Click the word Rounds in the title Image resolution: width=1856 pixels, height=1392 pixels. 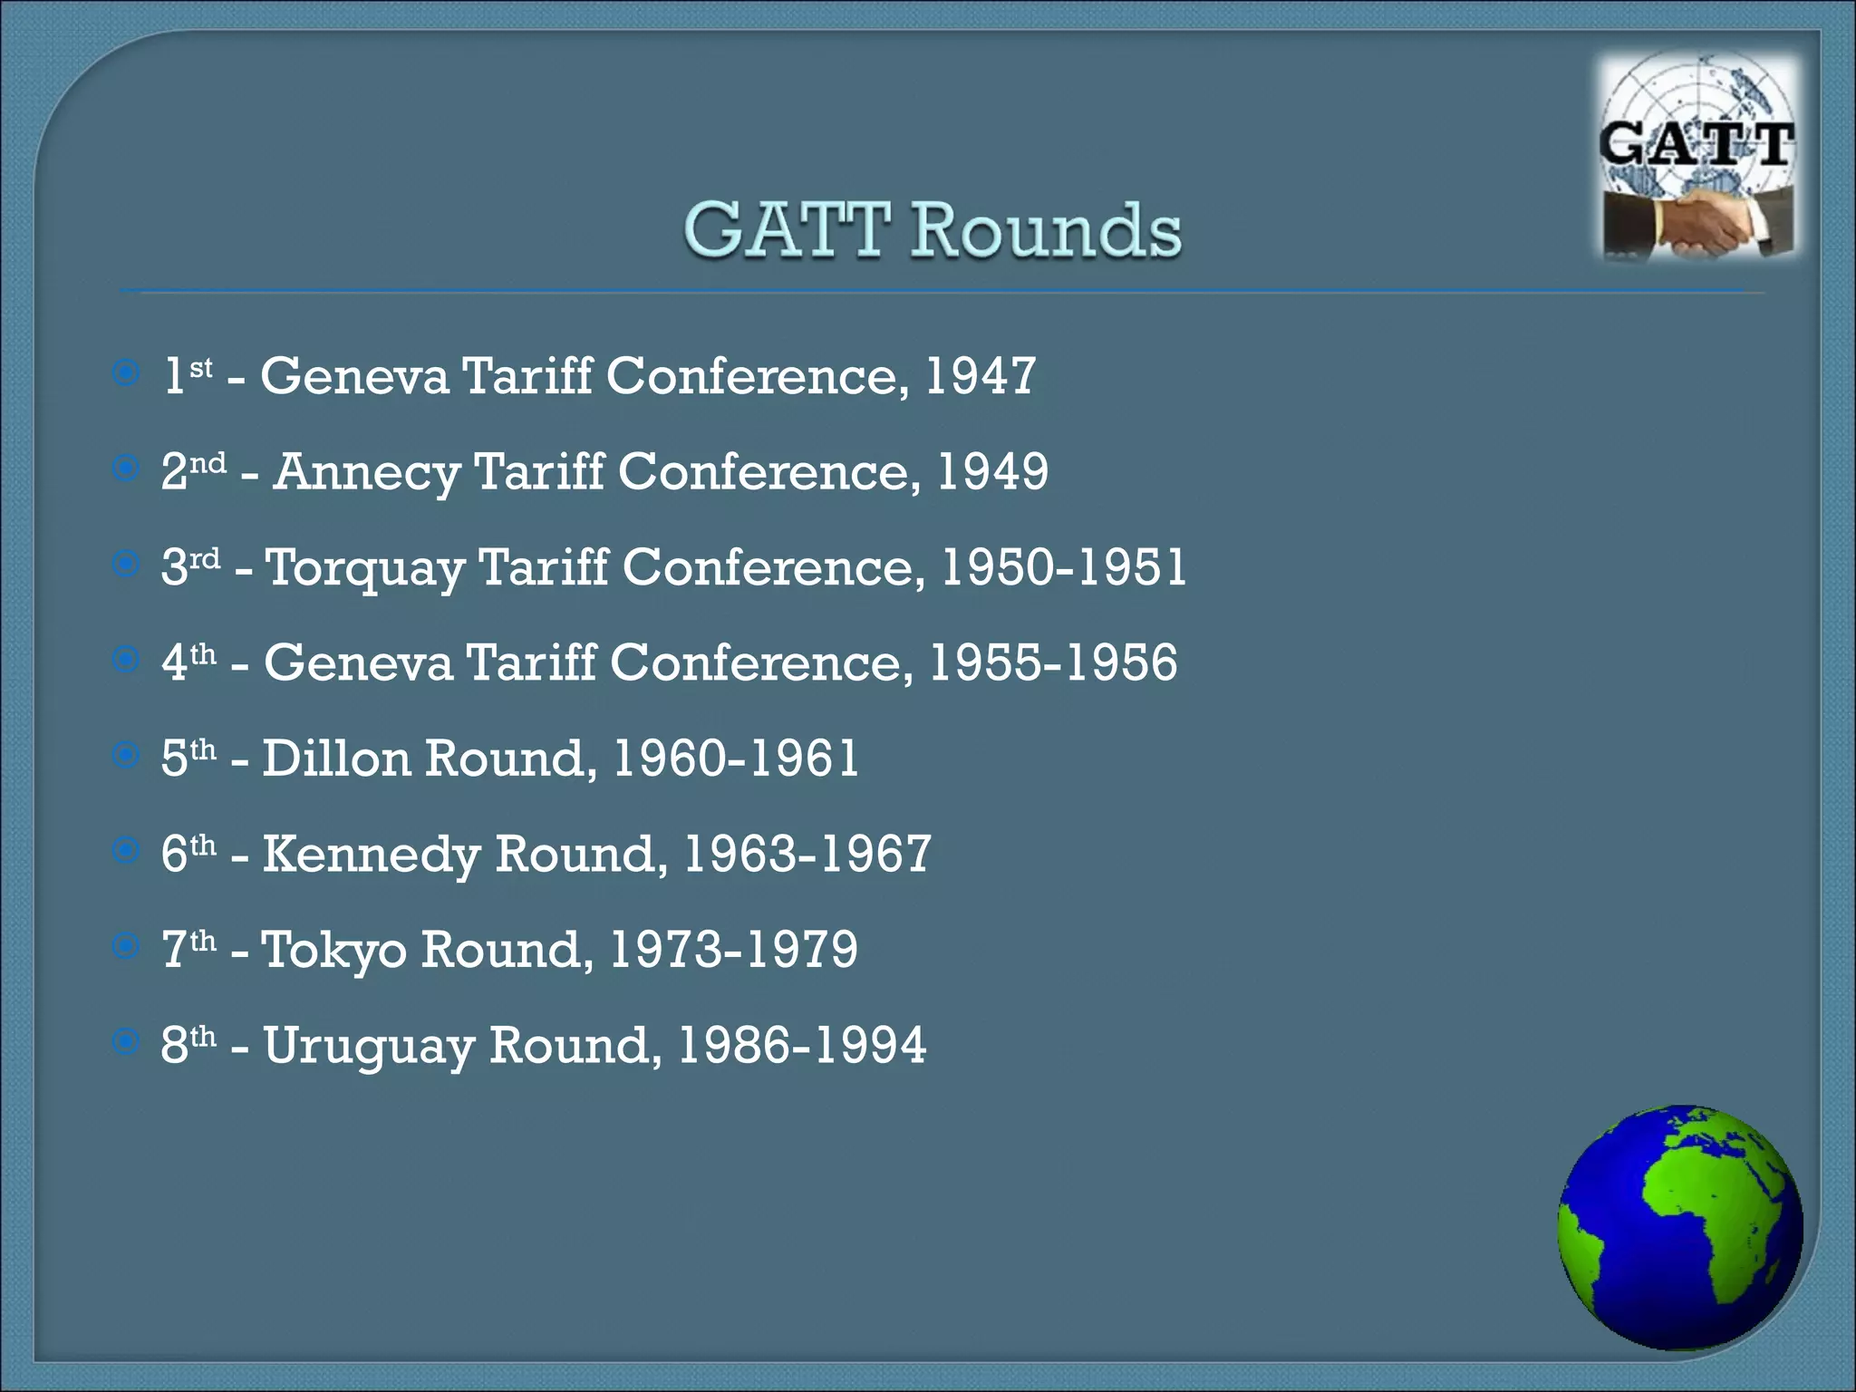coord(1046,230)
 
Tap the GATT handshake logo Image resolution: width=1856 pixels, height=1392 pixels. coord(1698,159)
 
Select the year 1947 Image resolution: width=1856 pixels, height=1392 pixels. coord(980,375)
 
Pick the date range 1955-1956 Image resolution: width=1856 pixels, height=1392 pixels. coord(1053,662)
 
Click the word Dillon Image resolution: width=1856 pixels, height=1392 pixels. coord(336,759)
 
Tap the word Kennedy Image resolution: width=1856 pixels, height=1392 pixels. coord(371,855)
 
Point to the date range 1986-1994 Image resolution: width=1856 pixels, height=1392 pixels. coord(802,1046)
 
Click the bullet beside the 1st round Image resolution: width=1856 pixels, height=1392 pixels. coord(126,372)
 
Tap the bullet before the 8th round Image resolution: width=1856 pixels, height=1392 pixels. coord(126,1041)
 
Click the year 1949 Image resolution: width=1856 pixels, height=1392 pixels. coord(992,471)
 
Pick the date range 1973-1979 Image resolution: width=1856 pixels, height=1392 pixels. coord(733,950)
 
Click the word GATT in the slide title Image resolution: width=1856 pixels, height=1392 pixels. coord(787,230)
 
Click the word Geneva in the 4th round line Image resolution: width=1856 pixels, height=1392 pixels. coord(358,662)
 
